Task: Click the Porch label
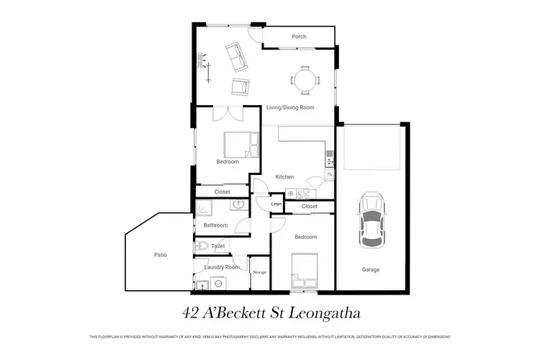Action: [299, 37]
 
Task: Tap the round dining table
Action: [305, 79]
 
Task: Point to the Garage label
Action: [372, 270]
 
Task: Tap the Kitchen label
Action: [285, 176]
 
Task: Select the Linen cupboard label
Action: [276, 205]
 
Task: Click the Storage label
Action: [260, 272]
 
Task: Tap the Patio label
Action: [161, 255]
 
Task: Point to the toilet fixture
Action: [202, 246]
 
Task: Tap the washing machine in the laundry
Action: [215, 284]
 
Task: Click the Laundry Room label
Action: [222, 267]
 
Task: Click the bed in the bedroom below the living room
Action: [238, 145]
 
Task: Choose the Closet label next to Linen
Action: [310, 207]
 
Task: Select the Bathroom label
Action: [215, 225]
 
